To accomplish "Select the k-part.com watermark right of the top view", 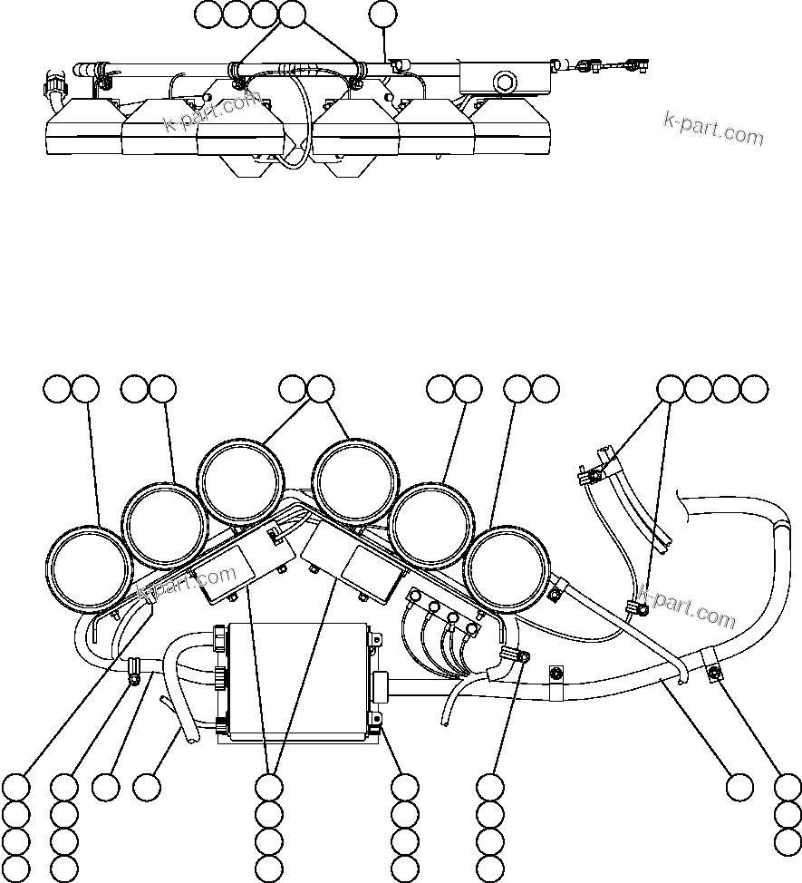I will tap(714, 128).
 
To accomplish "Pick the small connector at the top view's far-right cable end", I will tap(634, 64).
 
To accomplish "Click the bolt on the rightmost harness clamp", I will tap(715, 671).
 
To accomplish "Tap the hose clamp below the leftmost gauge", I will tap(134, 671).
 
